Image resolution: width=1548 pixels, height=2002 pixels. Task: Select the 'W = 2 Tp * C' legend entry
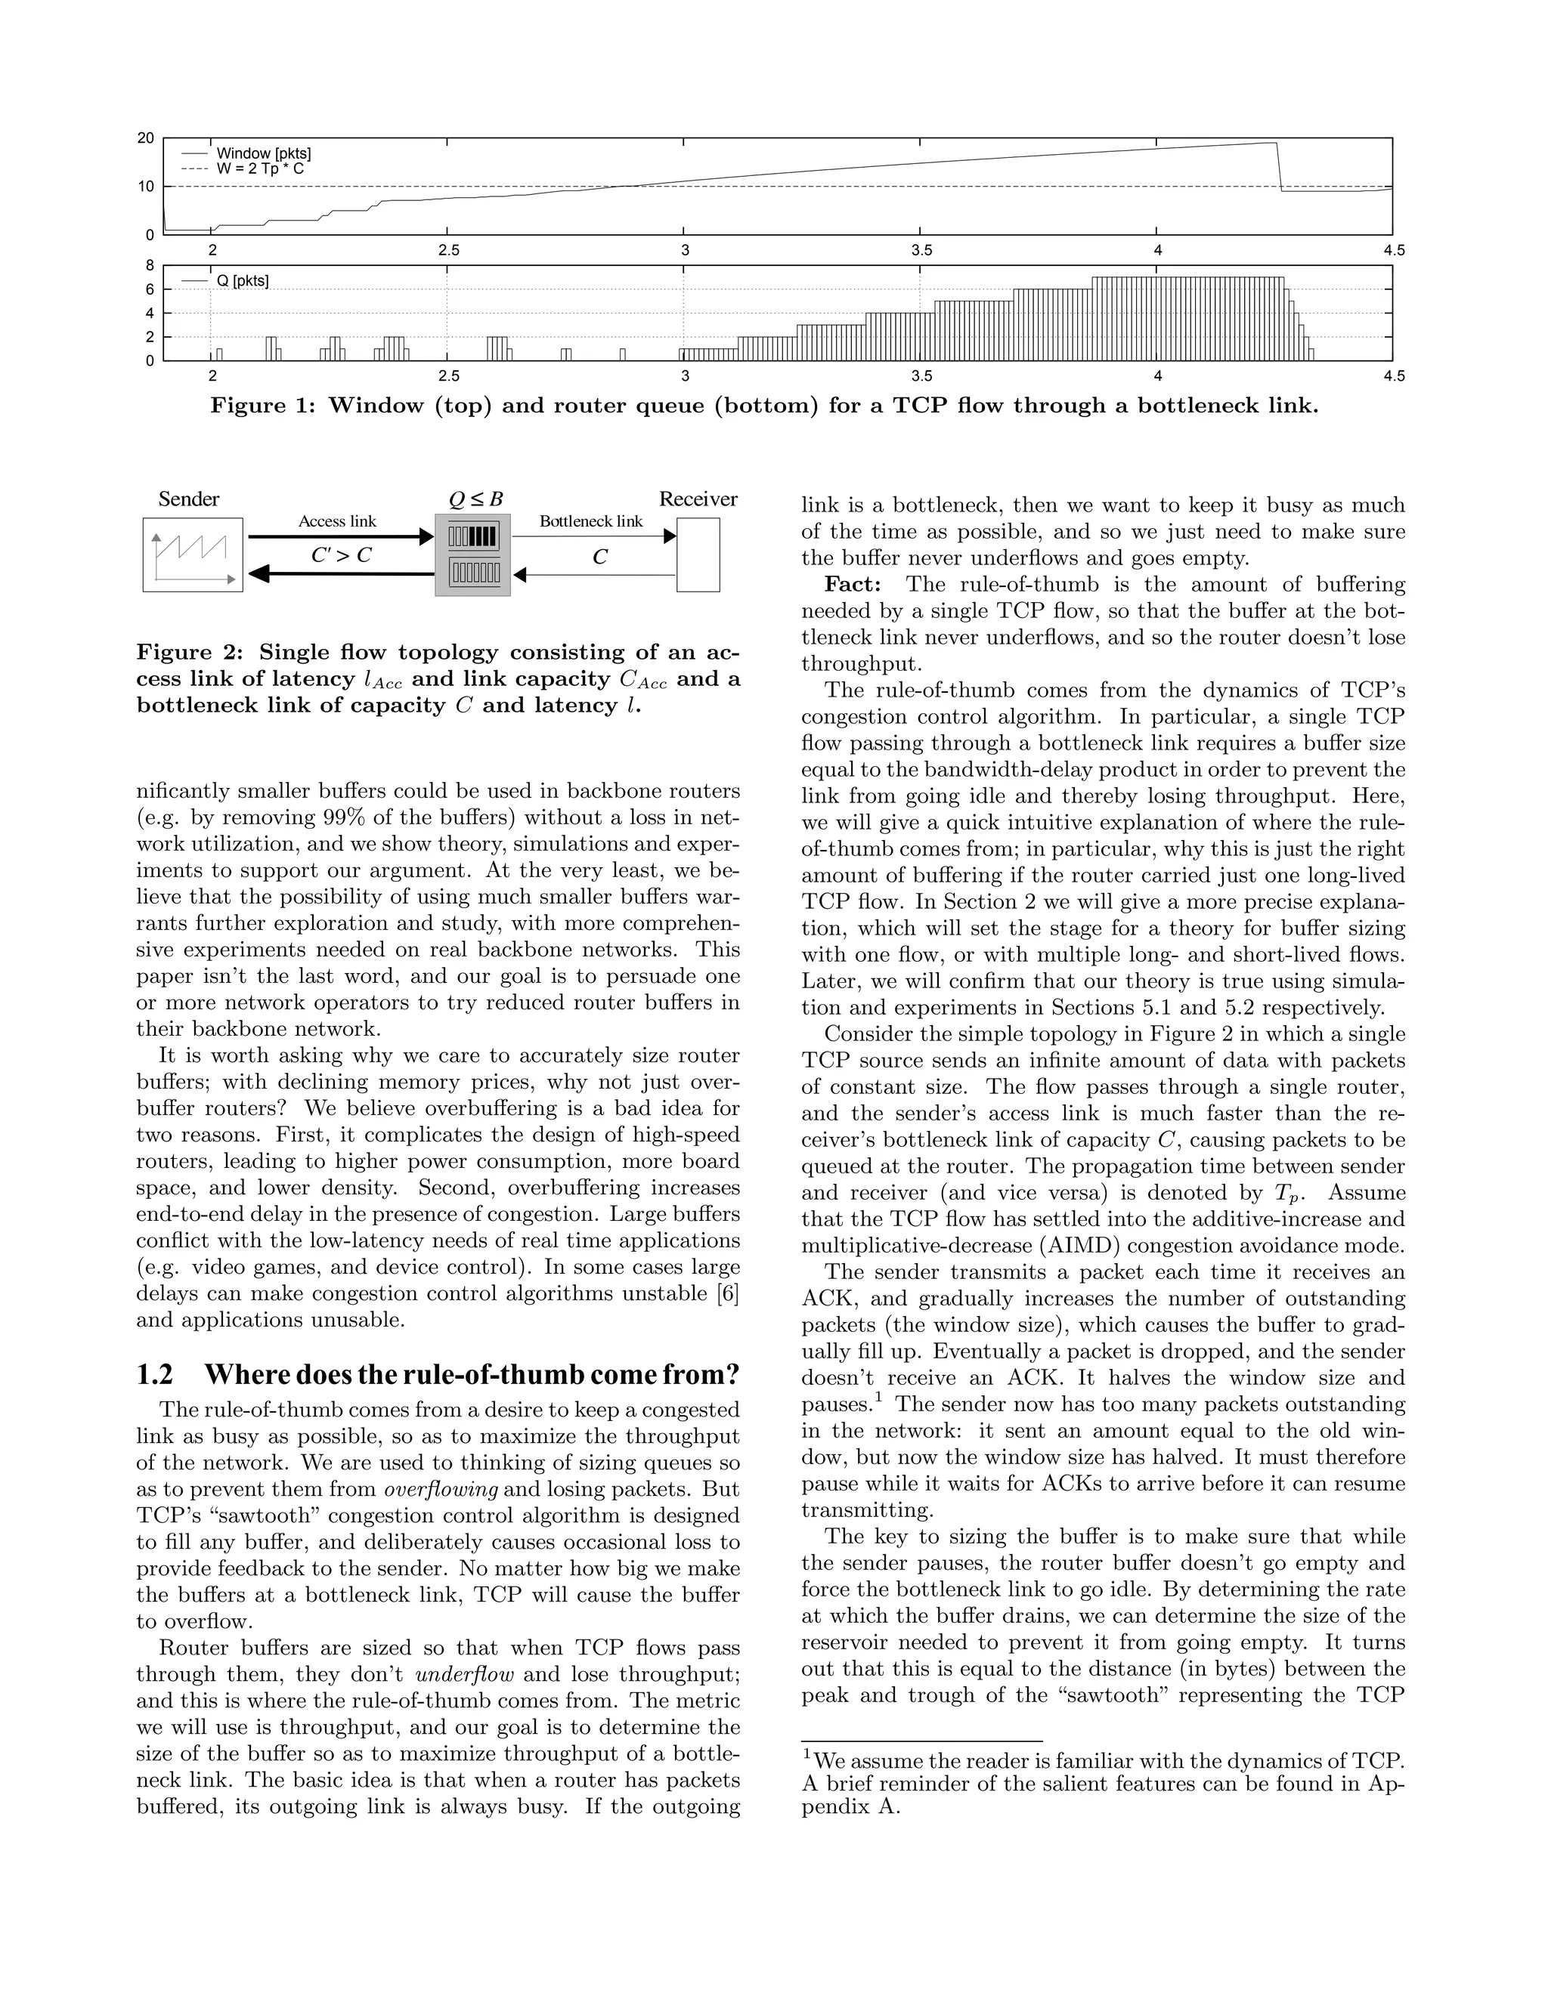click(259, 168)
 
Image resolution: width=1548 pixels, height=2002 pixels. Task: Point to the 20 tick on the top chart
click(146, 138)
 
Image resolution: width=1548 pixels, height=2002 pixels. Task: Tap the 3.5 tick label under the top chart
click(921, 250)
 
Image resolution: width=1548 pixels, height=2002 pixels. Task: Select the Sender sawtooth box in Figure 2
click(193, 555)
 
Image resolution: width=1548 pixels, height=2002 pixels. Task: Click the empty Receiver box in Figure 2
click(698, 555)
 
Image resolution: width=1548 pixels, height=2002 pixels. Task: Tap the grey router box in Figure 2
click(472, 555)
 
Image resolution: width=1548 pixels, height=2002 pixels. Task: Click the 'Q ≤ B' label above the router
click(475, 499)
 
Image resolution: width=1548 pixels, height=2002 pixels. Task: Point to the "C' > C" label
click(341, 555)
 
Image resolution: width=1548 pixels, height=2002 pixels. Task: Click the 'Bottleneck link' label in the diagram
click(590, 521)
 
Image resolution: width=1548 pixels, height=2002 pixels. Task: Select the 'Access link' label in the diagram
click(336, 521)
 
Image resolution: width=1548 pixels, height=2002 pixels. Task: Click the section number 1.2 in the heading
click(155, 1375)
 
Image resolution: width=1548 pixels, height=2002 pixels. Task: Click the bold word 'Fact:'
click(852, 585)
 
